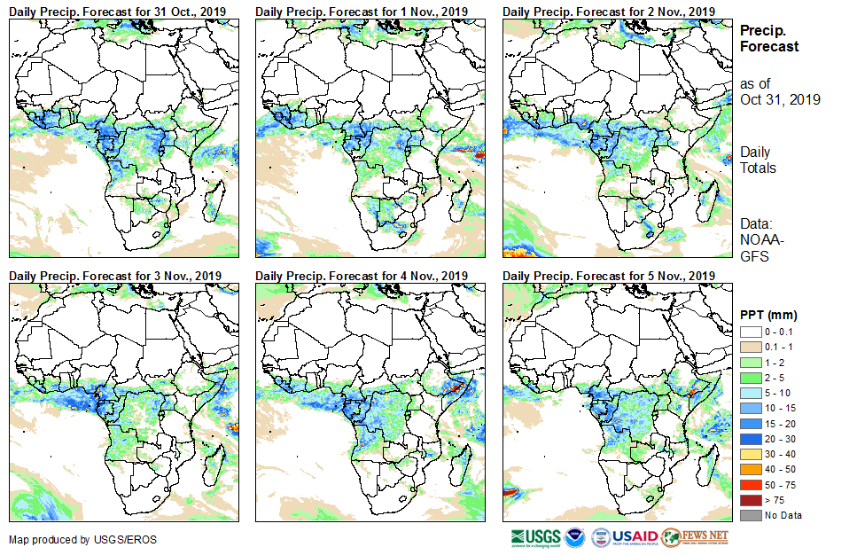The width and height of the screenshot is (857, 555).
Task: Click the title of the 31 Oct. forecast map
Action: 117,11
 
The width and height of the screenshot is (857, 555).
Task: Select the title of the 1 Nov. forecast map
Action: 362,11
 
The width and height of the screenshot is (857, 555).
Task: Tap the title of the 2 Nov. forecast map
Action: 609,11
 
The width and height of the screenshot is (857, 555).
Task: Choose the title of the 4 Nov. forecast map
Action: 362,276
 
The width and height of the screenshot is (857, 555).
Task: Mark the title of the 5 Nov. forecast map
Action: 609,276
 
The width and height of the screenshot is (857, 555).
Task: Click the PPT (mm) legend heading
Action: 768,315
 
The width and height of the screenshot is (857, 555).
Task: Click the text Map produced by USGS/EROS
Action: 71,539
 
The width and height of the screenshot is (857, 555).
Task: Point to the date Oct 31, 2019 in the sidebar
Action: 780,99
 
